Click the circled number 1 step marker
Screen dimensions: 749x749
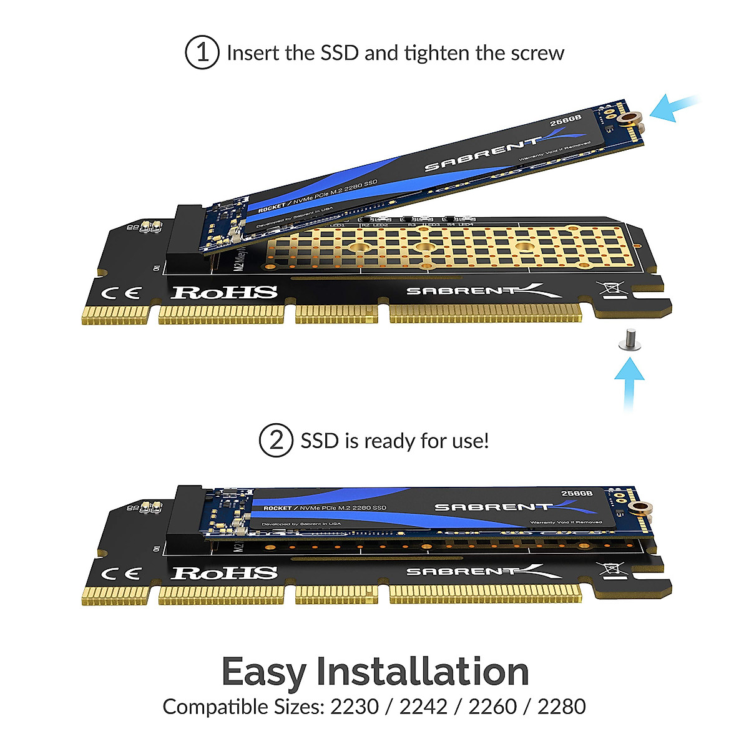202,52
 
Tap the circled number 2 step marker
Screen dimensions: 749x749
276,441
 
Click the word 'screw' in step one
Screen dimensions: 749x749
537,53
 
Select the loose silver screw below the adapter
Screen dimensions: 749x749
627,342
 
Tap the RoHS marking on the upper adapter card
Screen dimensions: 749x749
224,292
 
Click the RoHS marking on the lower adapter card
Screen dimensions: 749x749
224,573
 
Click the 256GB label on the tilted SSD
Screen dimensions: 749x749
565,120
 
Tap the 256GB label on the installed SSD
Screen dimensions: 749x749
576,493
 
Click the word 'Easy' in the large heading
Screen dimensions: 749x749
263,672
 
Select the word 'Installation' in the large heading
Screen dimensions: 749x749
423,672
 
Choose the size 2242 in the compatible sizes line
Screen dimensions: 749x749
423,707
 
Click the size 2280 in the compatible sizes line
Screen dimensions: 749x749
561,707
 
